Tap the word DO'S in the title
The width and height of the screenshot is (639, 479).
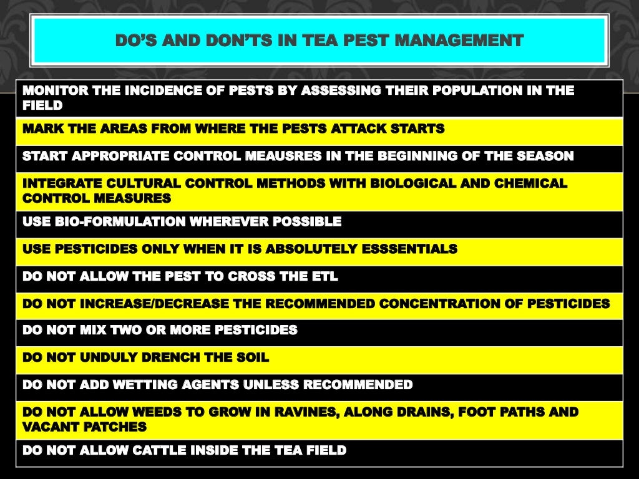[x=137, y=41]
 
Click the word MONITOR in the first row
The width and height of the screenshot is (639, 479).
[x=55, y=90]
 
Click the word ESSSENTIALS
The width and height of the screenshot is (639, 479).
[x=412, y=249]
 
